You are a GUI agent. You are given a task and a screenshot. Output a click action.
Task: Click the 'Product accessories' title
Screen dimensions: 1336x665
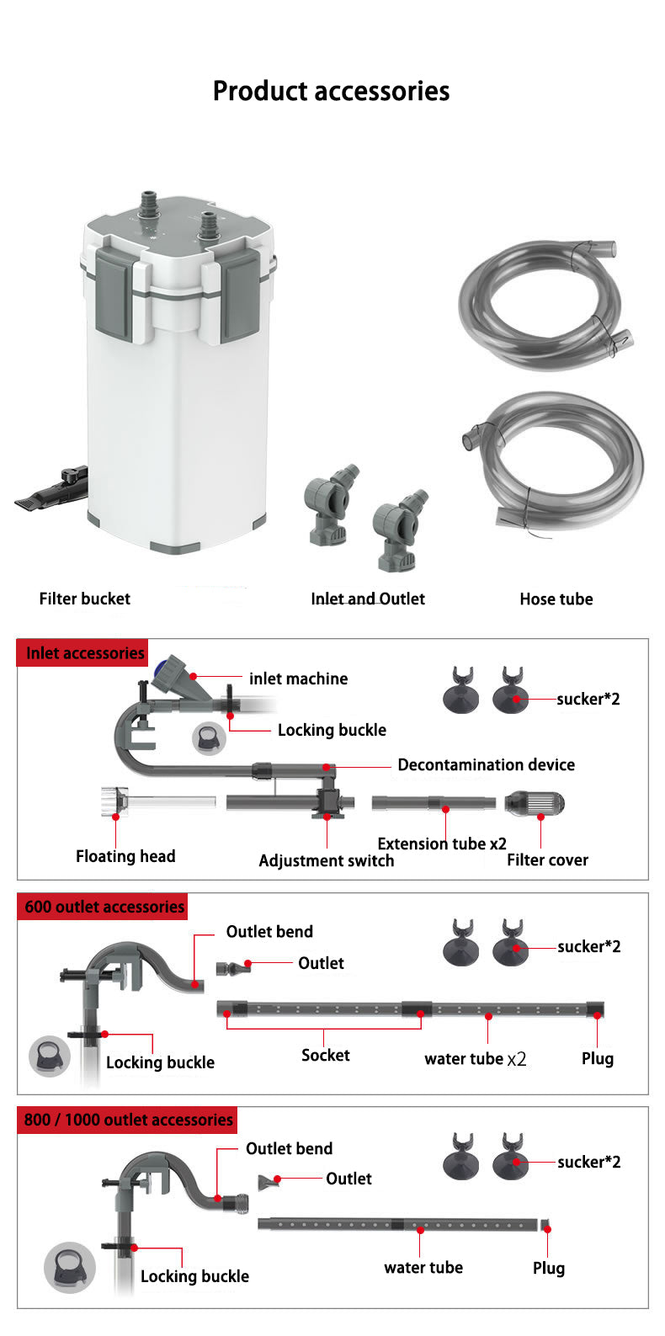(331, 91)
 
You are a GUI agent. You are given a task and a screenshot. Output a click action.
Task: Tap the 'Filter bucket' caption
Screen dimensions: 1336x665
(85, 599)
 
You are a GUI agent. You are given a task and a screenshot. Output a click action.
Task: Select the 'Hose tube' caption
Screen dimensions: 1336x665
(556, 599)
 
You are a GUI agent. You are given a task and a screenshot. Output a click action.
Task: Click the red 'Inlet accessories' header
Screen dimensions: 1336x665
(84, 653)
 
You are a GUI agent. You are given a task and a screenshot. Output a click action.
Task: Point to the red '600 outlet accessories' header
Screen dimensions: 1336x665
(104, 907)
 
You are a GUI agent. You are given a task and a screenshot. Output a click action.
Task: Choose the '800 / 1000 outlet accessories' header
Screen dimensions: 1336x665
(128, 1120)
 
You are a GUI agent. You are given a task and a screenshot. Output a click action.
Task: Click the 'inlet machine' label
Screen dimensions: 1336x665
(298, 679)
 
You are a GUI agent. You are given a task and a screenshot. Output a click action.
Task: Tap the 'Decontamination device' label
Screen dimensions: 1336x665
(486, 764)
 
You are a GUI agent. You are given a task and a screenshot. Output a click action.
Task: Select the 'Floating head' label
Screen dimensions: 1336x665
(125, 856)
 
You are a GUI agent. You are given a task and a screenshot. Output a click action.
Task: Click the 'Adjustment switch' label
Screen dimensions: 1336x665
(326, 860)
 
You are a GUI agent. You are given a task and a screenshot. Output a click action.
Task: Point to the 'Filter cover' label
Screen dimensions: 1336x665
(547, 860)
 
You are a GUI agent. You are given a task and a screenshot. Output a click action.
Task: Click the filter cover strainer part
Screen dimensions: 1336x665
(535, 803)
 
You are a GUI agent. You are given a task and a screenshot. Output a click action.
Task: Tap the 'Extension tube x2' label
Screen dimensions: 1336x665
(442, 844)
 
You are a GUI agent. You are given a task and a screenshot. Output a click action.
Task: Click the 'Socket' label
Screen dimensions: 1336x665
(325, 1055)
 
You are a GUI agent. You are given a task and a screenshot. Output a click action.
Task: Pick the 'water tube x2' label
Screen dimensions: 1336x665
(475, 1058)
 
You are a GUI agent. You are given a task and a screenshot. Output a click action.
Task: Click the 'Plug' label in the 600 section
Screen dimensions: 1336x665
(597, 1058)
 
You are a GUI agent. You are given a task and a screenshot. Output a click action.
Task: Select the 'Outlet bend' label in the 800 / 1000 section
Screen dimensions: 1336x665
(289, 1148)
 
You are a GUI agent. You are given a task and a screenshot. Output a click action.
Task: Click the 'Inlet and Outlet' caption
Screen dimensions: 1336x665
(368, 599)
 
